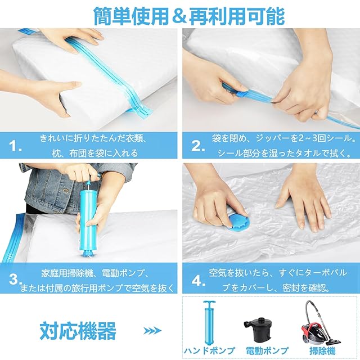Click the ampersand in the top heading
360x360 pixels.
[179, 16]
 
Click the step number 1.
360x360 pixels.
[16, 146]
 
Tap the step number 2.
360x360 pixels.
[198, 146]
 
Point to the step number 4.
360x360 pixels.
[199, 281]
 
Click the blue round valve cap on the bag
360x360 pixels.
[238, 221]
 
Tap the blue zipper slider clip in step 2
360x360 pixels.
[241, 94]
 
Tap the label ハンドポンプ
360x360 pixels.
[209, 351]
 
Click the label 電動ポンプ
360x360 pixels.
[267, 351]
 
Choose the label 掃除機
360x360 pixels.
[322, 351]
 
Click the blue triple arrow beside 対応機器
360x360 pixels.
[152, 331]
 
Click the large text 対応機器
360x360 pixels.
[78, 331]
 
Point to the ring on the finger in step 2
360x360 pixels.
[317, 112]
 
